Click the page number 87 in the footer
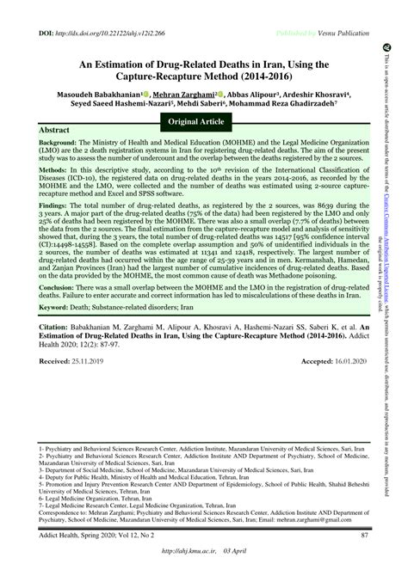[365, 536]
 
